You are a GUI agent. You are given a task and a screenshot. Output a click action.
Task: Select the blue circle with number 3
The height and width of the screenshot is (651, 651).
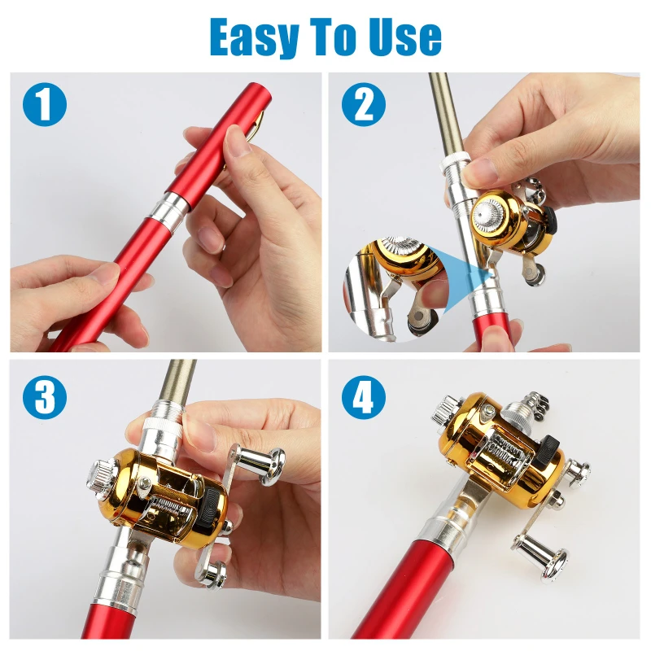click(45, 397)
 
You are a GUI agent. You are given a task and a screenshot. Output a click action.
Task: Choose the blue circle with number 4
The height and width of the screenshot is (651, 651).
click(364, 397)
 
